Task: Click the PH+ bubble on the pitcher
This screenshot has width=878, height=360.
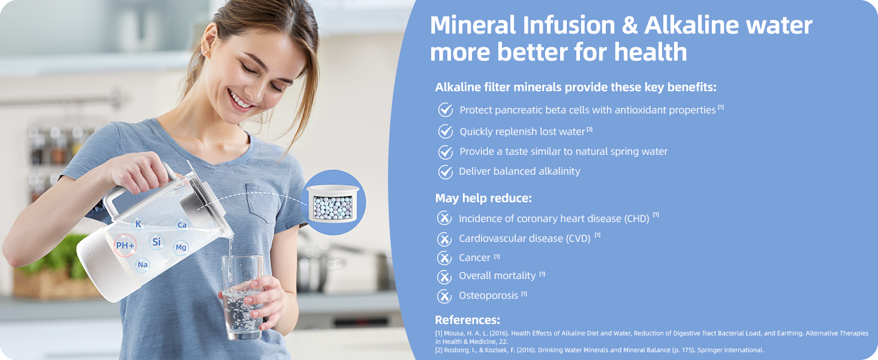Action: point(125,245)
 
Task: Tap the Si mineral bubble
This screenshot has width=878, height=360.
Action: point(157,242)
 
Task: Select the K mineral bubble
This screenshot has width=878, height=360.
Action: point(139,224)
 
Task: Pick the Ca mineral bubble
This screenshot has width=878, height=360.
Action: point(182,225)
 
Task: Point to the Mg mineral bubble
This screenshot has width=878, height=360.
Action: point(181,247)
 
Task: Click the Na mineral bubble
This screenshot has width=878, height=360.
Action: point(142,265)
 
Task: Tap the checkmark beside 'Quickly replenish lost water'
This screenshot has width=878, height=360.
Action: point(446,131)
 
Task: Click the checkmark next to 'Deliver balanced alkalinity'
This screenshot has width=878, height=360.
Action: point(446,172)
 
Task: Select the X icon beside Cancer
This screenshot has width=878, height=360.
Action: point(444,258)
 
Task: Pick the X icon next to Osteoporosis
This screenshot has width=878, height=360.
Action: point(444,296)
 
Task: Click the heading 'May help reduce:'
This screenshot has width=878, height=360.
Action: point(483,198)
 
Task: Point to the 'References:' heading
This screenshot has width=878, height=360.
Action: point(467,320)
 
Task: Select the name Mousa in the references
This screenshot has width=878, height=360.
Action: point(454,334)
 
